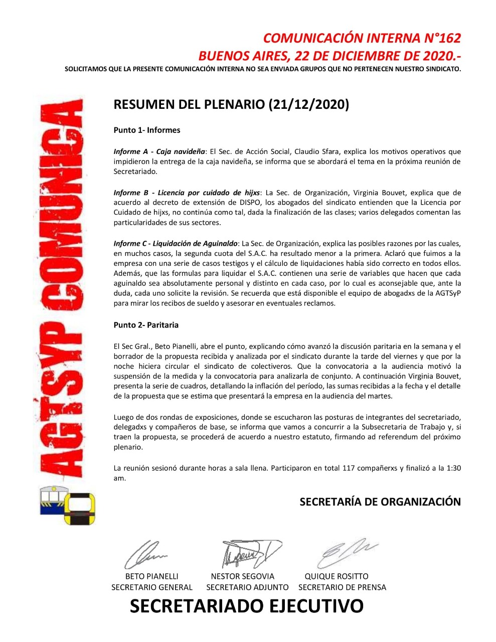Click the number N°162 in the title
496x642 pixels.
[439, 38]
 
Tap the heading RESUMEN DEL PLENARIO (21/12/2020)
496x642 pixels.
[231, 104]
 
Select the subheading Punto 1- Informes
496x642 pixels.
[147, 130]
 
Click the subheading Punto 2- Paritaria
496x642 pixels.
[146, 325]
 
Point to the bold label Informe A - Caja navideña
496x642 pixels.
[159, 151]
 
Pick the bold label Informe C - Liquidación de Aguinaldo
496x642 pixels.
[176, 243]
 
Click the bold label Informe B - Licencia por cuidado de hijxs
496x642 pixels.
[187, 193]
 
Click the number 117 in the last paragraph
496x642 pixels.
[349, 468]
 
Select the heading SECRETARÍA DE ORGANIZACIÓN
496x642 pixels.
[380, 502]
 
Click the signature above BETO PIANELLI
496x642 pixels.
[146, 555]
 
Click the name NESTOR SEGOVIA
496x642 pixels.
[242, 576]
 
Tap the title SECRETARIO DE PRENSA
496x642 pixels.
[342, 587]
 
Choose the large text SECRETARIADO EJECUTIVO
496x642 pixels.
[246, 606]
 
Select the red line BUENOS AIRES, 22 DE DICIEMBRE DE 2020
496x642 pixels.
[329, 55]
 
